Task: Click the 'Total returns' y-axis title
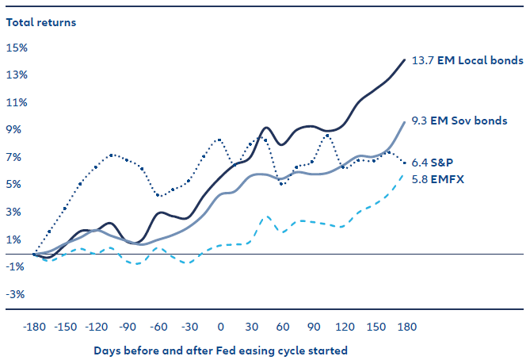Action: [41, 22]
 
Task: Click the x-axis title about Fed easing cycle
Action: [220, 349]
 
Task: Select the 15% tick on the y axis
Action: [17, 48]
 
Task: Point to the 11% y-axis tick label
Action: [17, 102]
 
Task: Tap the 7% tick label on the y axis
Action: [17, 157]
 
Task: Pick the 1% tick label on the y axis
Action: [17, 239]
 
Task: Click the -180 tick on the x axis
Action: [34, 326]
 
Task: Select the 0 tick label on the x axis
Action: [220, 326]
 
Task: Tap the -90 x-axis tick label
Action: [128, 326]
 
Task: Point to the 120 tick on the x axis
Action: [345, 326]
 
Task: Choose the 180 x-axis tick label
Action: [405, 326]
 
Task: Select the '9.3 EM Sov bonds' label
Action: [460, 121]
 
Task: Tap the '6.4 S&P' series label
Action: [437, 163]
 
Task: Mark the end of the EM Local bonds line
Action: [405, 59]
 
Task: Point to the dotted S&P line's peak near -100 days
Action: [112, 155]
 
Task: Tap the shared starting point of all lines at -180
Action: [34, 254]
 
